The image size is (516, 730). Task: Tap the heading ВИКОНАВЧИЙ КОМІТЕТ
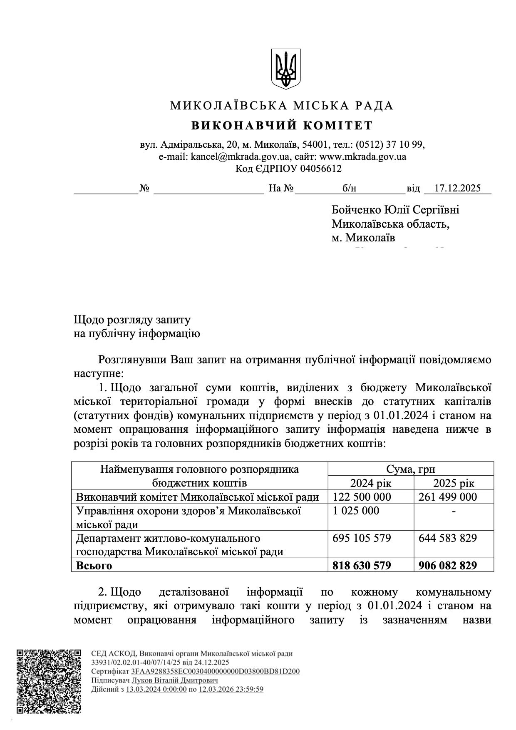(282, 125)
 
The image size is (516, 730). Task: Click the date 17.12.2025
(457, 188)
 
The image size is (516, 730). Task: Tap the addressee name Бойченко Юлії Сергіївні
(395, 210)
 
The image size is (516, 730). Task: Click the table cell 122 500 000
(362, 497)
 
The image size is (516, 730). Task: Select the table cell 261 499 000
(448, 497)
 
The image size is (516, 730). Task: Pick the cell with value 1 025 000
(356, 511)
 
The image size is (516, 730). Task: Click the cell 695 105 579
(362, 538)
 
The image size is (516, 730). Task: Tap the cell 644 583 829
(448, 538)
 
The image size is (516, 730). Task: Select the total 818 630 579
(362, 566)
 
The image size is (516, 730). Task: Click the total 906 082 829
(448, 566)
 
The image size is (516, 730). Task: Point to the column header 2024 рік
(371, 483)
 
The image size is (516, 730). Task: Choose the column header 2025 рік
(454, 483)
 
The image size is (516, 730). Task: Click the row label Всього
(94, 566)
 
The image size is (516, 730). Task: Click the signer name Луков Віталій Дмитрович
(175, 680)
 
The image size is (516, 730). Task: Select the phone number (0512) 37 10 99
(389, 145)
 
